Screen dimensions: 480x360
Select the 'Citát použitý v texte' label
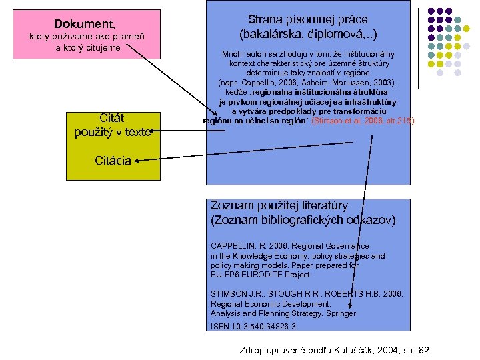click(x=113, y=126)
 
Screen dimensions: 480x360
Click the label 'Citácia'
click(x=112, y=160)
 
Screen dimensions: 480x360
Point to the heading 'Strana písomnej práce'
click(x=307, y=19)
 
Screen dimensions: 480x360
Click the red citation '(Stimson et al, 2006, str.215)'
click(x=366, y=121)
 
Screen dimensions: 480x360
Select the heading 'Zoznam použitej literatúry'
click(x=288, y=205)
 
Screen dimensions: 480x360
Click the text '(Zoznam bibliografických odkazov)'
click(x=303, y=219)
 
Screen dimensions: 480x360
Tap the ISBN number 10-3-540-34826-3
click(x=263, y=326)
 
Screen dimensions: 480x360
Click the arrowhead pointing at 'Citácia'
click(x=135, y=160)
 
